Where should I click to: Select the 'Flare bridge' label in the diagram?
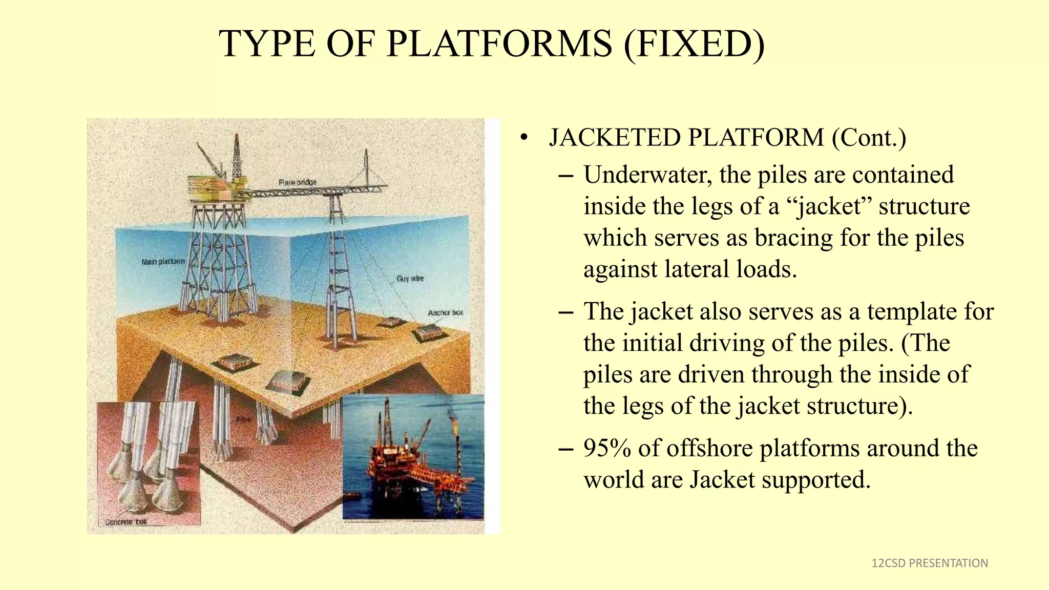click(298, 182)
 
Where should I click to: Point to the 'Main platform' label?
click(163, 262)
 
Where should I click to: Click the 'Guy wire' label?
click(410, 279)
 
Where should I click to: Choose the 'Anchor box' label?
click(445, 312)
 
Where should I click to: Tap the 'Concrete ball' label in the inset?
click(126, 522)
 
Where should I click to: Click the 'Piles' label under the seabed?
click(244, 420)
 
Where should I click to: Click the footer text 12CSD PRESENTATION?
click(930, 563)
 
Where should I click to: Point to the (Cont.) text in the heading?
click(869, 138)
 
